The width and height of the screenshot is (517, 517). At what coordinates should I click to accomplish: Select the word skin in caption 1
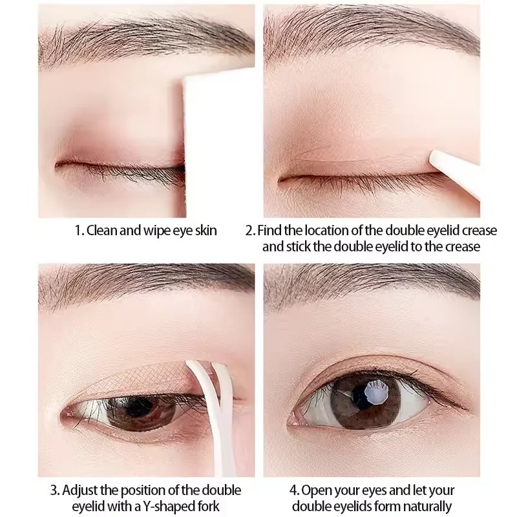point(205,231)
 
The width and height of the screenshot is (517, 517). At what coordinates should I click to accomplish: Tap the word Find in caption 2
point(270,231)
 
